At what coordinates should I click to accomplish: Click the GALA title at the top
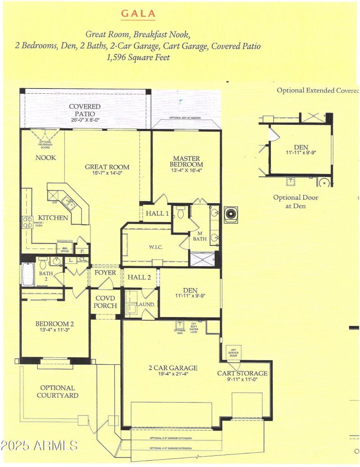pos(138,14)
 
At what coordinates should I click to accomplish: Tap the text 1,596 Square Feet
pos(138,58)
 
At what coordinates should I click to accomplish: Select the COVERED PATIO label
pos(85,110)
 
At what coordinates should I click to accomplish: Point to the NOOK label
pos(46,158)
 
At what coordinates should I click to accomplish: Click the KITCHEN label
pos(53,218)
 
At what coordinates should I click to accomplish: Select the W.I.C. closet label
pos(155,246)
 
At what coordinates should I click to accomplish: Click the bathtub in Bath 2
pos(28,275)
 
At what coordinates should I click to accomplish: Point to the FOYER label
pos(105,273)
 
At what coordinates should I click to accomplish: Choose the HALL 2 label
pos(139,277)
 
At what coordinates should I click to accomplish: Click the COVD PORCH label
pos(105,302)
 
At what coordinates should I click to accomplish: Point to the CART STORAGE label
pos(242,373)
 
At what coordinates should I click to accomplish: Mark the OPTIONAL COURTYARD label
pos(58,391)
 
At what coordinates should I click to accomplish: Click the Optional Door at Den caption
pos(296,202)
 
